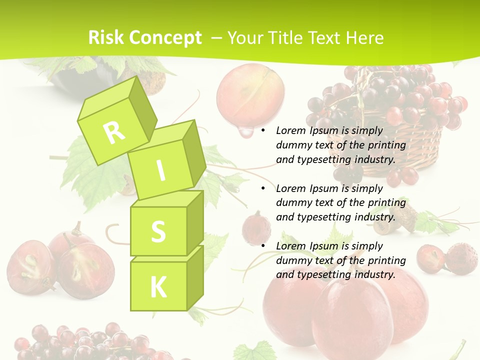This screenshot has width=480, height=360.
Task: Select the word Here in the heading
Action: (364, 38)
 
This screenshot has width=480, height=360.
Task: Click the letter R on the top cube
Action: (114, 132)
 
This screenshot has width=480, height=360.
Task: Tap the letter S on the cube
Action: (158, 231)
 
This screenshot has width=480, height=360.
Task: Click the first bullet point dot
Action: (263, 131)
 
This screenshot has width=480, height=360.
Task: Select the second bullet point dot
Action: (263, 189)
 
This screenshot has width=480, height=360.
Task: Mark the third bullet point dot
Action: (263, 246)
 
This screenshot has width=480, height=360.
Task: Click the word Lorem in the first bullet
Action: (290, 131)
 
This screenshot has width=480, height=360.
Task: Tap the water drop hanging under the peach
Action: (245, 132)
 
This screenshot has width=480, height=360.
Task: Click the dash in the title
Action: (216, 38)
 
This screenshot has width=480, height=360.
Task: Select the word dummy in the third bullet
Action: (294, 260)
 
